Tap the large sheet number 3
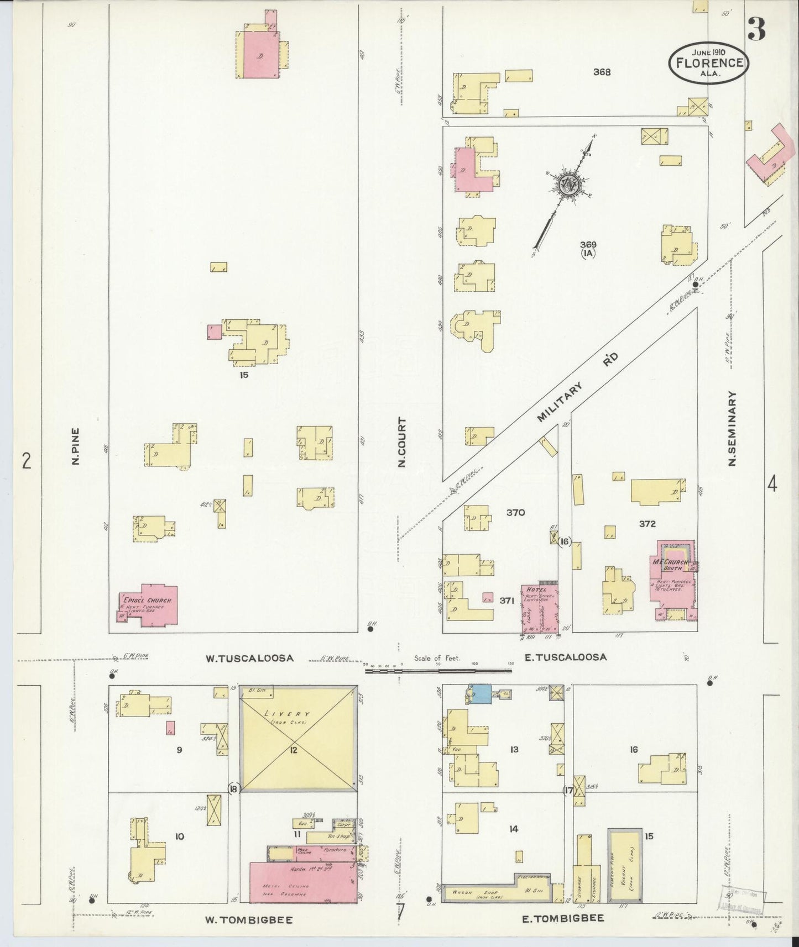tap(756, 29)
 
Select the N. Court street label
tap(402, 442)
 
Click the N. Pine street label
tap(75, 446)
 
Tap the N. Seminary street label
tap(733, 429)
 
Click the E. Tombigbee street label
tap(563, 918)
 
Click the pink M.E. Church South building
tap(673, 580)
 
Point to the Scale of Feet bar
tap(437, 671)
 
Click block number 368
tap(602, 71)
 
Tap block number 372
tap(647, 524)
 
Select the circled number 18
tap(233, 789)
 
